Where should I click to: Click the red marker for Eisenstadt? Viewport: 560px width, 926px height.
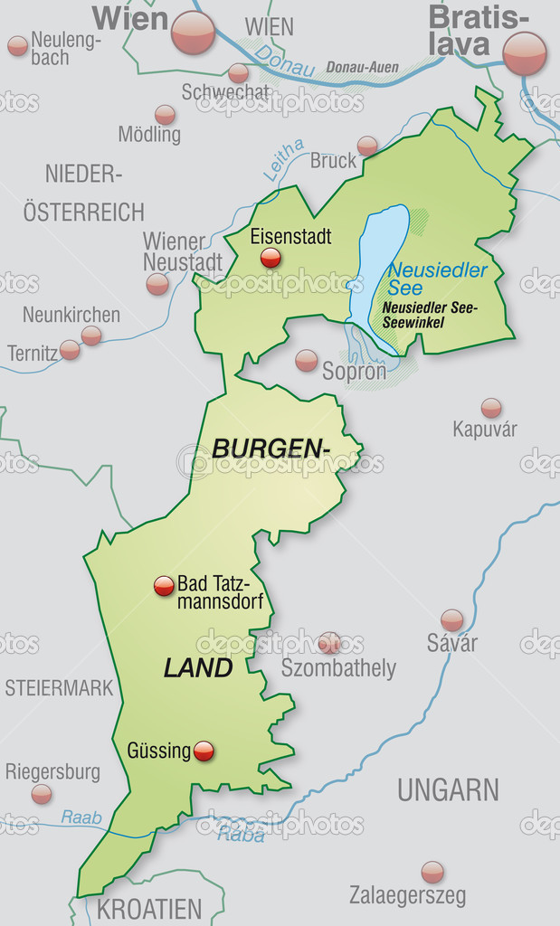271,259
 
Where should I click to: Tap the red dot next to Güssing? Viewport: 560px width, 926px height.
204,751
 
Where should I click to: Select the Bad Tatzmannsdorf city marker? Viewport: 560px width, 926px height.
164,586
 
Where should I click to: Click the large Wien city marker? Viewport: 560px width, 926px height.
194,33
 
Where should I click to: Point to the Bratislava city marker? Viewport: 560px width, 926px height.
525,53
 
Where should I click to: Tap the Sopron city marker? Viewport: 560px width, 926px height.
307,360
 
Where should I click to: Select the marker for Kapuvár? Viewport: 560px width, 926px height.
491,408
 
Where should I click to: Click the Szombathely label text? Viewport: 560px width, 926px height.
338,668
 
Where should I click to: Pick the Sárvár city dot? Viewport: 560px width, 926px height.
451,619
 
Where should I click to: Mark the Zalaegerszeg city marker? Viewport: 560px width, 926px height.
432,872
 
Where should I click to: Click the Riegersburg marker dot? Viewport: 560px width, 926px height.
42,794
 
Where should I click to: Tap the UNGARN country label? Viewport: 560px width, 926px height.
448,789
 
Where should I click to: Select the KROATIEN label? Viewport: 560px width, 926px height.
149,908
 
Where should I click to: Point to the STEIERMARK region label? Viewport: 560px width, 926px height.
60,687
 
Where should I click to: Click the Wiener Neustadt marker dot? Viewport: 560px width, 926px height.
157,284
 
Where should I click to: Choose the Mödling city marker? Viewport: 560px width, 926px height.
165,115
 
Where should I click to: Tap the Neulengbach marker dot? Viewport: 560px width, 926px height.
17,46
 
